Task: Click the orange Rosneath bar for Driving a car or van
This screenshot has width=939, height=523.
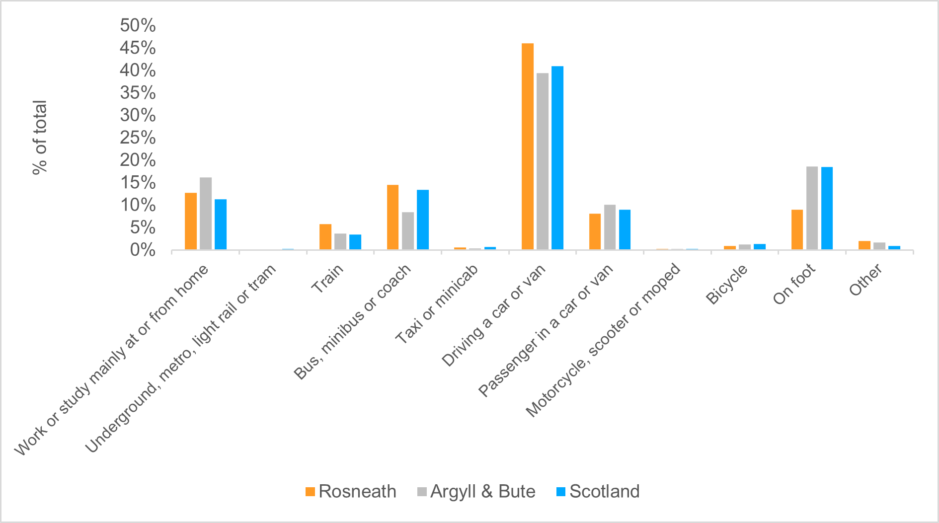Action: (528, 147)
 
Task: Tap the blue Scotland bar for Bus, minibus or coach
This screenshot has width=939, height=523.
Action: (423, 220)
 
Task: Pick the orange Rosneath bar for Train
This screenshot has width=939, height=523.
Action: (325, 237)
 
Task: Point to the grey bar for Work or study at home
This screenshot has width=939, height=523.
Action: (206, 214)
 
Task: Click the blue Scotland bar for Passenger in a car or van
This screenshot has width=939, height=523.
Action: (625, 229)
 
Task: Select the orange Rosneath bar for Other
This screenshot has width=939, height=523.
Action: (864, 245)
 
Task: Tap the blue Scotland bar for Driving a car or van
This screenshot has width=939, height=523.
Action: (557, 158)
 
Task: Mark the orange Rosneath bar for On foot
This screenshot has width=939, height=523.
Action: (797, 229)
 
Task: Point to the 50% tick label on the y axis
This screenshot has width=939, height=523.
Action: (138, 25)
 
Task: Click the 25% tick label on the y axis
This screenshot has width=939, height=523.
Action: (138, 138)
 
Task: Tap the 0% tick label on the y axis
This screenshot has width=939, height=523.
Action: (143, 250)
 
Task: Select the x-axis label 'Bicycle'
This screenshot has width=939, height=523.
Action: (726, 284)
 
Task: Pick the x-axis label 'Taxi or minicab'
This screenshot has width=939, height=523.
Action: (436, 304)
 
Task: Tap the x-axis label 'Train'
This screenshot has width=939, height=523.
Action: (327, 279)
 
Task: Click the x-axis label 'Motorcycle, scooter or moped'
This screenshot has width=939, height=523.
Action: (602, 341)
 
